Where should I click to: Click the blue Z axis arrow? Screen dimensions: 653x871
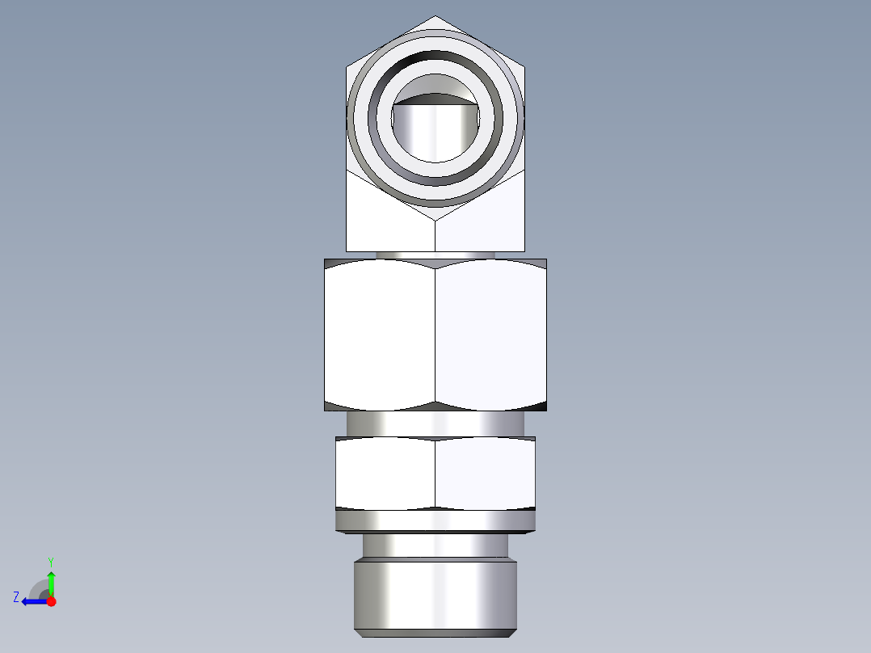32,601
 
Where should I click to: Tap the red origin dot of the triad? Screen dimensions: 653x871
51,601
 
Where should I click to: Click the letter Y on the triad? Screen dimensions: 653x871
50,561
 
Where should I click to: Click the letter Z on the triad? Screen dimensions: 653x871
16,597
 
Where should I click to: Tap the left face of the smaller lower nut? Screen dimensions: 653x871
385,474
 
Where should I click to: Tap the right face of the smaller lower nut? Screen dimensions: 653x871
485,474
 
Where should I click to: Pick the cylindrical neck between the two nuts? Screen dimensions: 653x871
435,423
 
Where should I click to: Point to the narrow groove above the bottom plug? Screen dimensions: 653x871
435,547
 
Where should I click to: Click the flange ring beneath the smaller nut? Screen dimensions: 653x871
435,522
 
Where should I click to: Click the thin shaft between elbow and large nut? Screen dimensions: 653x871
435,255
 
